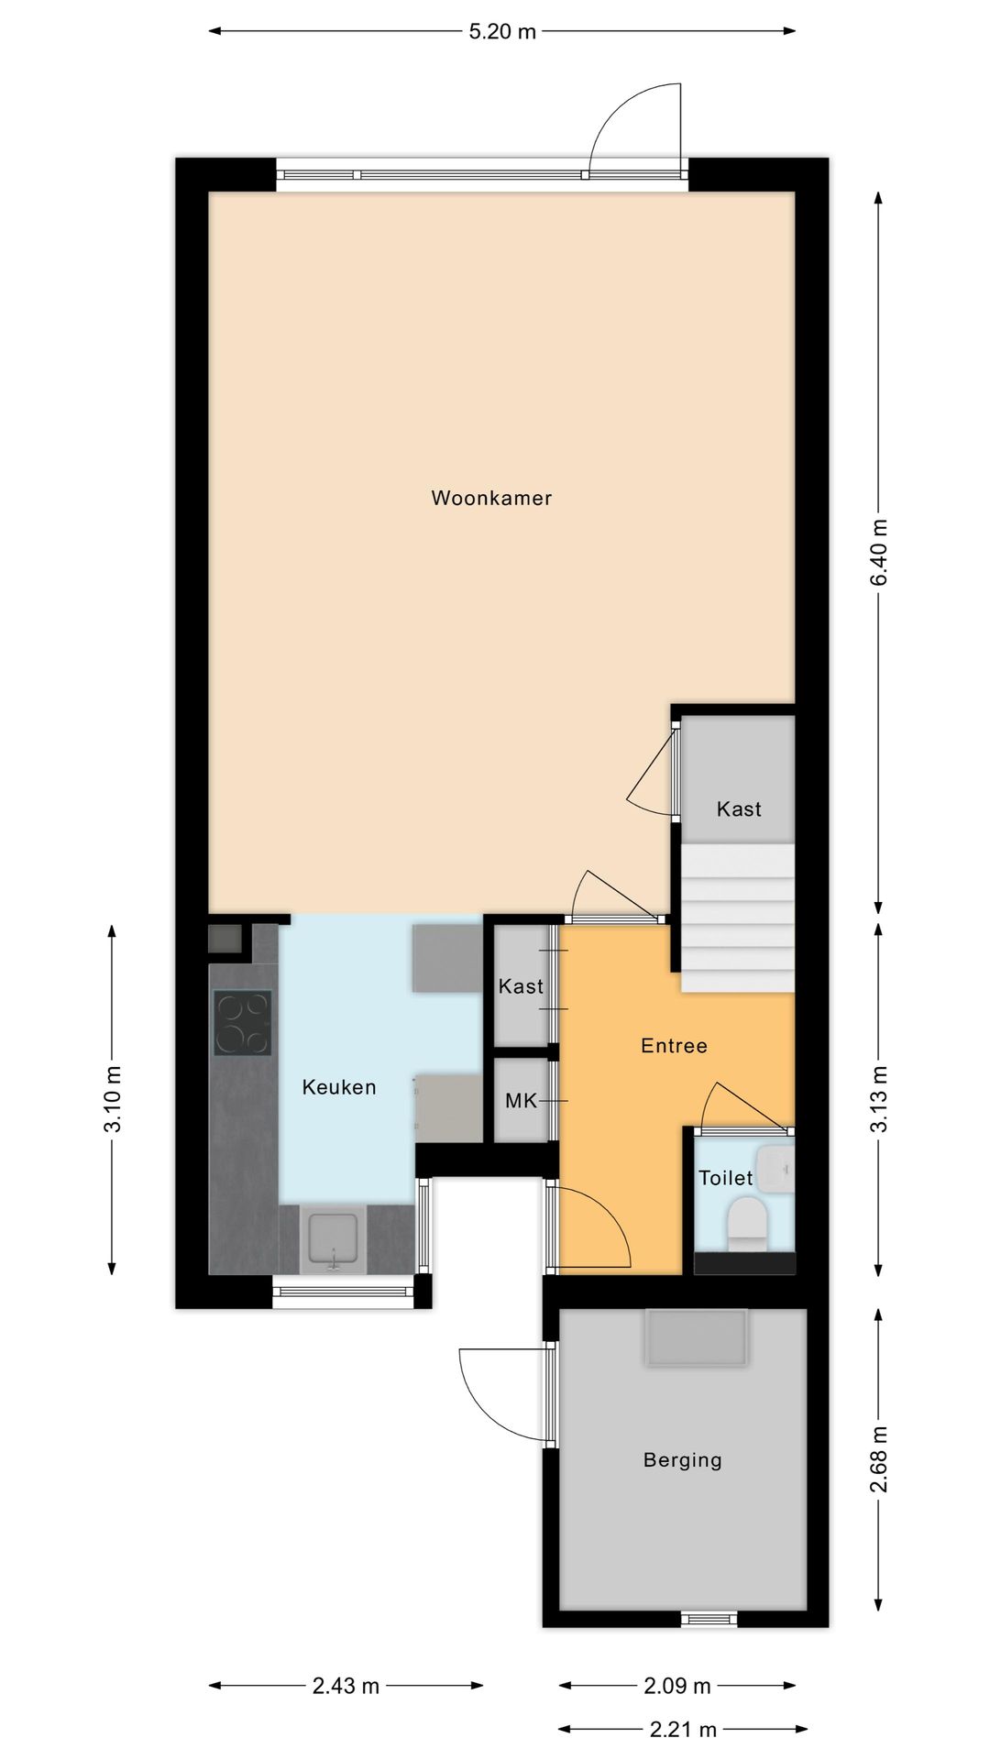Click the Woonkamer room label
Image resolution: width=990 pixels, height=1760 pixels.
(491, 498)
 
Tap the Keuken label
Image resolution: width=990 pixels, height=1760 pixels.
(339, 1087)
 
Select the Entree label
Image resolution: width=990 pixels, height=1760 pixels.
(674, 1046)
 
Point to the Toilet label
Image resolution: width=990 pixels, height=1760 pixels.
(725, 1178)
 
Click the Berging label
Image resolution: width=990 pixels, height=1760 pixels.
(682, 1460)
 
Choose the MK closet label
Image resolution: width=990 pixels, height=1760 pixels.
(521, 1101)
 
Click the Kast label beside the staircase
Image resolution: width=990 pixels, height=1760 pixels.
(739, 808)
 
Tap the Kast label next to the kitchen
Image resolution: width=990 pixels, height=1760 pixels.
(521, 986)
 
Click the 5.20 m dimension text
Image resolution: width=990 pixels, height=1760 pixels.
(502, 31)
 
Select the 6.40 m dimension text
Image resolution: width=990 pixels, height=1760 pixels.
(879, 552)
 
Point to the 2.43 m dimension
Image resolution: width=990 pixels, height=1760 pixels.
(346, 1686)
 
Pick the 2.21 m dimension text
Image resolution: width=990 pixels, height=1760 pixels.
(683, 1730)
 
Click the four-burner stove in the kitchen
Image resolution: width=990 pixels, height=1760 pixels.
(243, 1023)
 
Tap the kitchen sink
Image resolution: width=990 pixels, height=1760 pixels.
(334, 1239)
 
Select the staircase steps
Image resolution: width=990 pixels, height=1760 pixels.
(736, 918)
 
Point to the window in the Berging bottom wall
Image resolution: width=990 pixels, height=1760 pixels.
(709, 1620)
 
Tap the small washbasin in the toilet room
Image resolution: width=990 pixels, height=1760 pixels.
(775, 1169)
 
